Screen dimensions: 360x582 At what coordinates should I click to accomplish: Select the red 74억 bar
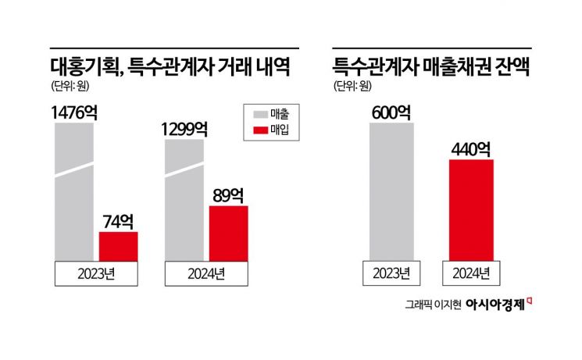point(118,247)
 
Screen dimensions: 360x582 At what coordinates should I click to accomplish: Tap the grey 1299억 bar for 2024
point(184,199)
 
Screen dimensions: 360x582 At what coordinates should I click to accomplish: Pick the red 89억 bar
point(228,233)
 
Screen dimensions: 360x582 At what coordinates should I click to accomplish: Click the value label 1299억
point(184,129)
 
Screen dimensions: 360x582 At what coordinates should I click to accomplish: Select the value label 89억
point(228,194)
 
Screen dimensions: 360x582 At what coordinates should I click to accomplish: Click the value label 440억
point(470,148)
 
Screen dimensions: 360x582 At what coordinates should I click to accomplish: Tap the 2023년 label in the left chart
point(96,273)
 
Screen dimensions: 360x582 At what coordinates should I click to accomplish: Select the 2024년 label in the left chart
point(206,273)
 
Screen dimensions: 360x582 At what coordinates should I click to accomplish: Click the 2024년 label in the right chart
point(471,273)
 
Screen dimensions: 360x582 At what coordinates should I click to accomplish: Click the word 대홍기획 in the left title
point(82,66)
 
